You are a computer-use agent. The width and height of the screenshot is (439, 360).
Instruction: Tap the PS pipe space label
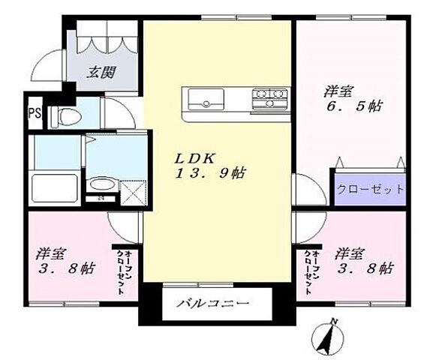point(34,114)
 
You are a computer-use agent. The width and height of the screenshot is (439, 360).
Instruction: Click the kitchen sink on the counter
point(205,98)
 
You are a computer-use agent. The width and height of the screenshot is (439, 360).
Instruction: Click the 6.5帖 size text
point(353,106)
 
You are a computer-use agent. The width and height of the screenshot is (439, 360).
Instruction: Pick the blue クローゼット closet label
point(369,189)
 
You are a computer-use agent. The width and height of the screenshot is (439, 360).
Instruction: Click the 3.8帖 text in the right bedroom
point(364,267)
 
